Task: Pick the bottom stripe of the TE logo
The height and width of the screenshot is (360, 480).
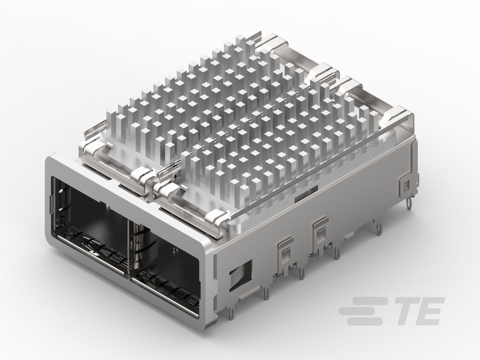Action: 365,321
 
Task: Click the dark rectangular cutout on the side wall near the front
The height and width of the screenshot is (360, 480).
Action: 240,275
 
